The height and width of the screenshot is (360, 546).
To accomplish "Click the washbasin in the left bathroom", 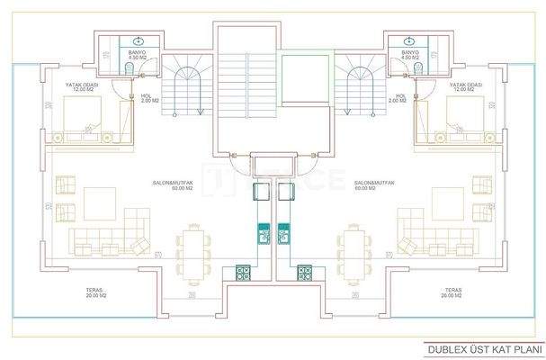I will pyautogui.click(x=137, y=41).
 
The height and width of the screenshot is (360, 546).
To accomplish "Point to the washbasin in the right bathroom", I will pyautogui.click(x=409, y=41).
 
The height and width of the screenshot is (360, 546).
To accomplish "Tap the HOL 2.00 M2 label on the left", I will pyautogui.click(x=148, y=97).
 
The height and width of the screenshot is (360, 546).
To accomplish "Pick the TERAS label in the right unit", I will pyautogui.click(x=452, y=292).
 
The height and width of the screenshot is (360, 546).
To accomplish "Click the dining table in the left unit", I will pyautogui.click(x=192, y=247).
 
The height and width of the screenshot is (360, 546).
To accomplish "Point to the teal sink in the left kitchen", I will pyautogui.click(x=264, y=233).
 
